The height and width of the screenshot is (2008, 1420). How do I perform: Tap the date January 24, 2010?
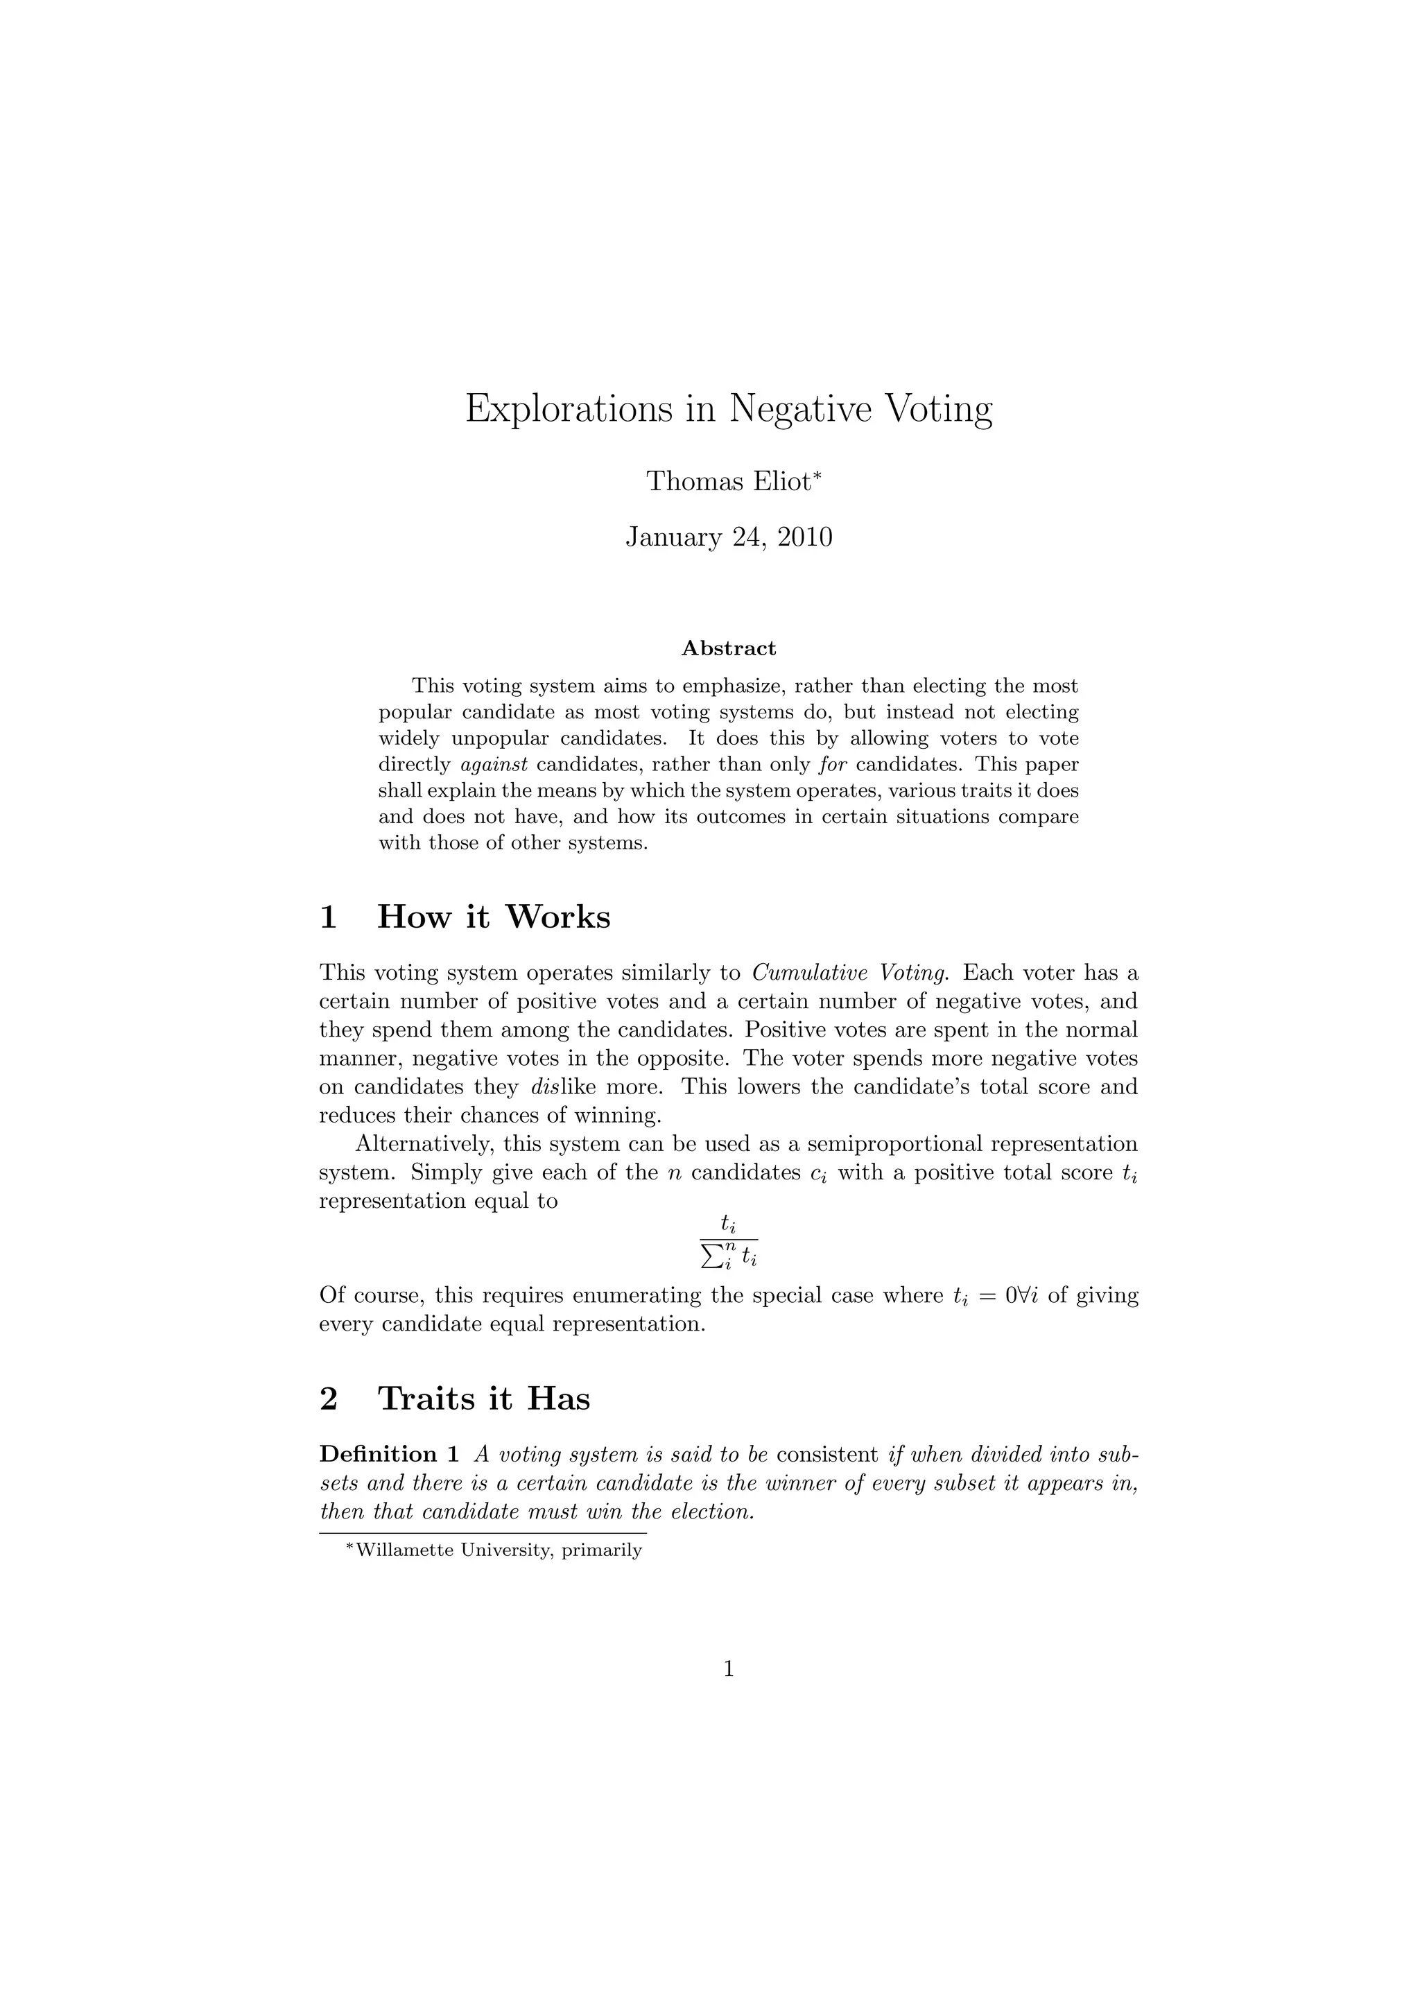[728, 537]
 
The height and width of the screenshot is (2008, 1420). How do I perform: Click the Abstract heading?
[728, 648]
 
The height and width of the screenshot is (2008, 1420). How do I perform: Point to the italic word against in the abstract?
[494, 764]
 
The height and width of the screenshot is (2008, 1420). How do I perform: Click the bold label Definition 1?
[389, 1455]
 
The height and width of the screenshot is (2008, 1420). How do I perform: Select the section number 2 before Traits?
[329, 1399]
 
